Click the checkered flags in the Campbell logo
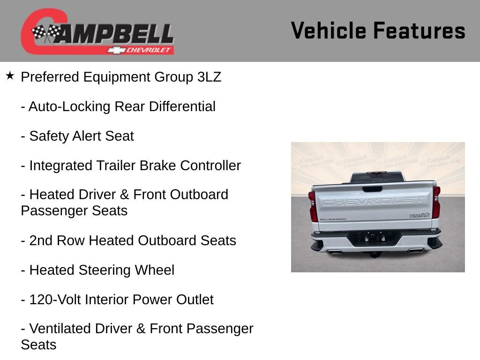(45, 33)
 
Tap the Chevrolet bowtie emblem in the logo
(116, 50)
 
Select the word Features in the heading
(419, 30)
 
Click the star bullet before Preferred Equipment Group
(10, 75)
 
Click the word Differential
(182, 106)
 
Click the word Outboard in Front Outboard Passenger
(198, 195)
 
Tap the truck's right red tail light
(436, 202)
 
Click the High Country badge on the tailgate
(419, 215)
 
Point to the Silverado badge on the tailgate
(332, 219)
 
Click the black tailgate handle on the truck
(372, 189)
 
